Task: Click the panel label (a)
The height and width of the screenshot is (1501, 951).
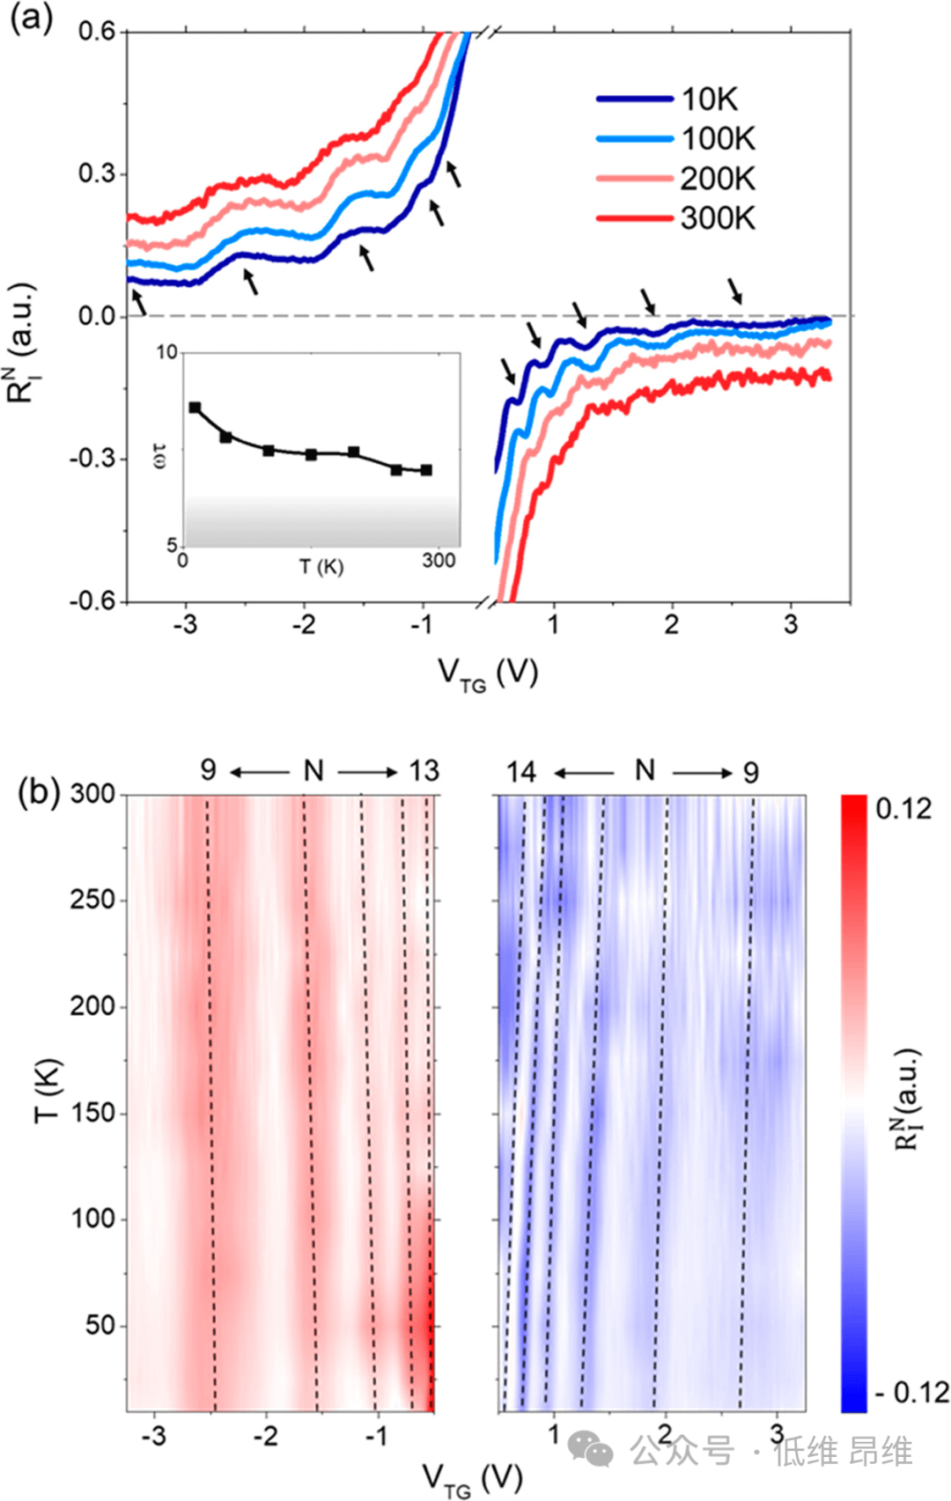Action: tap(31, 18)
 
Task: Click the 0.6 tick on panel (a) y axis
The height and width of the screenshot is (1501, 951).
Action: tap(97, 32)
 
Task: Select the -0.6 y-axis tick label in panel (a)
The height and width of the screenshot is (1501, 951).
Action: tap(93, 601)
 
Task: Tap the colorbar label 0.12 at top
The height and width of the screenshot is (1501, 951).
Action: tap(903, 808)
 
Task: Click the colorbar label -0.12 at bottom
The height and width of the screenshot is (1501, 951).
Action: tap(912, 1392)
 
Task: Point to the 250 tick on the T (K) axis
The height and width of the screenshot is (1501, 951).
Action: tap(92, 900)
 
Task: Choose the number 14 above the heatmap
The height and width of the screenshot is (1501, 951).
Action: tap(520, 772)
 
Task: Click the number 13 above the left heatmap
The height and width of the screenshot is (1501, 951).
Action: tap(424, 771)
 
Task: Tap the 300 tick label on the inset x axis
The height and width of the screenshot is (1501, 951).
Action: tap(438, 561)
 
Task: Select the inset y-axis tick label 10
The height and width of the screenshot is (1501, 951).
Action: tap(166, 353)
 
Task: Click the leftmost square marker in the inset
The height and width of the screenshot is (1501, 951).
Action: tap(195, 408)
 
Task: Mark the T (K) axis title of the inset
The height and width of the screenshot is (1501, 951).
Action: tap(321, 567)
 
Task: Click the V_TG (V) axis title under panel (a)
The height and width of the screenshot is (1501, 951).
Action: tap(488, 674)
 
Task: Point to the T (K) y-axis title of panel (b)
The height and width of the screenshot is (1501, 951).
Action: tap(47, 1090)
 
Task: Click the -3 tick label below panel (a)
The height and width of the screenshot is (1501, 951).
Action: tap(184, 626)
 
